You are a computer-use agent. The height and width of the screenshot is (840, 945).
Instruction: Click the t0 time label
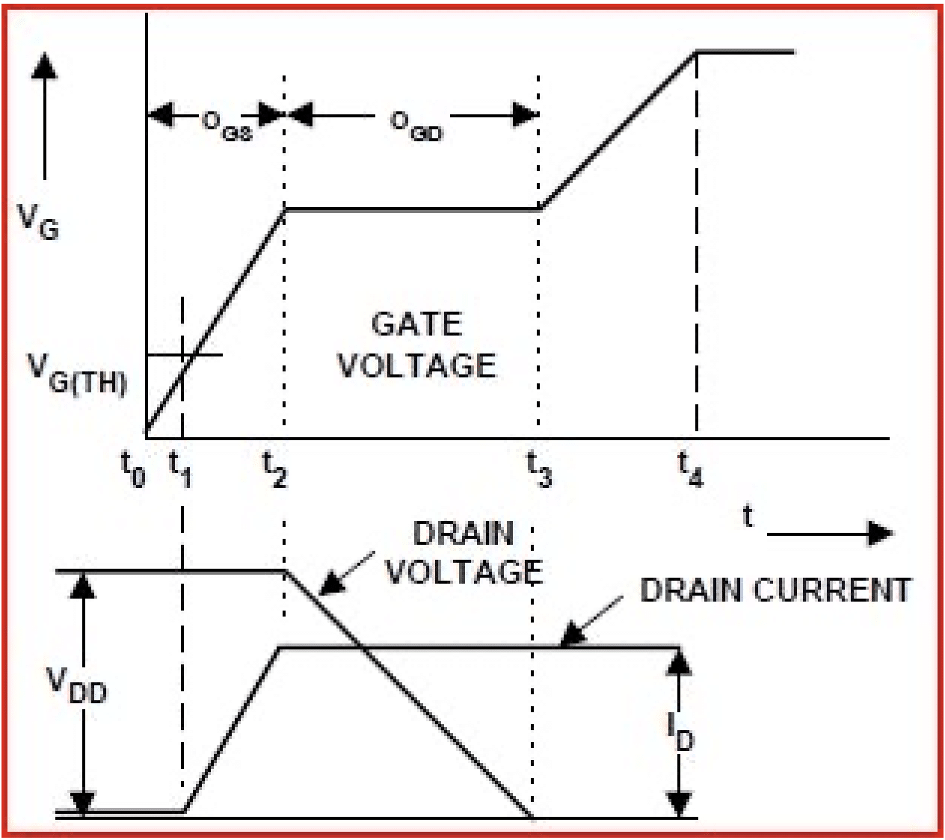click(x=132, y=470)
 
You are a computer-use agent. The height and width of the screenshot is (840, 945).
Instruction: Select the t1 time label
click(x=179, y=470)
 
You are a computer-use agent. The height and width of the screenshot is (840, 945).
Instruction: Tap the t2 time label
click(x=274, y=470)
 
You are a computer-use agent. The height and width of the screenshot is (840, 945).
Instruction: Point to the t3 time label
click(x=539, y=470)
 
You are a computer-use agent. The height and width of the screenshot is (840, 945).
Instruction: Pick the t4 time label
click(x=690, y=470)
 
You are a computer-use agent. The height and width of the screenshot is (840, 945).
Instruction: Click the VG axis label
click(x=38, y=221)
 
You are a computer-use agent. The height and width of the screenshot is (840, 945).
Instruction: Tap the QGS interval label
click(x=227, y=124)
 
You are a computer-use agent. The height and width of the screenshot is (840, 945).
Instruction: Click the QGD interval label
click(x=416, y=124)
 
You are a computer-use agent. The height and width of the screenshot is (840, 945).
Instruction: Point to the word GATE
click(x=417, y=324)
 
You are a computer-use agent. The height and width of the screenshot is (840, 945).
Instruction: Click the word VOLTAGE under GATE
click(x=417, y=365)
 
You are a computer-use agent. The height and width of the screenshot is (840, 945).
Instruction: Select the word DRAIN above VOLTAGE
click(x=464, y=534)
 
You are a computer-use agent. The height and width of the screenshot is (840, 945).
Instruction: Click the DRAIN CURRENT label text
click(x=775, y=590)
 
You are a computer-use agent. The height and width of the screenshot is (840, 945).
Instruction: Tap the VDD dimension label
click(x=77, y=686)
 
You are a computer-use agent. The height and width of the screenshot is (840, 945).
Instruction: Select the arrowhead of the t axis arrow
click(x=882, y=534)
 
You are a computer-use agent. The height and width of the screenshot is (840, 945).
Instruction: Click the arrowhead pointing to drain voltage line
click(x=329, y=584)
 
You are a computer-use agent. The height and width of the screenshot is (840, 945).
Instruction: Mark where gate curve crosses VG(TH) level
click(x=191, y=354)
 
